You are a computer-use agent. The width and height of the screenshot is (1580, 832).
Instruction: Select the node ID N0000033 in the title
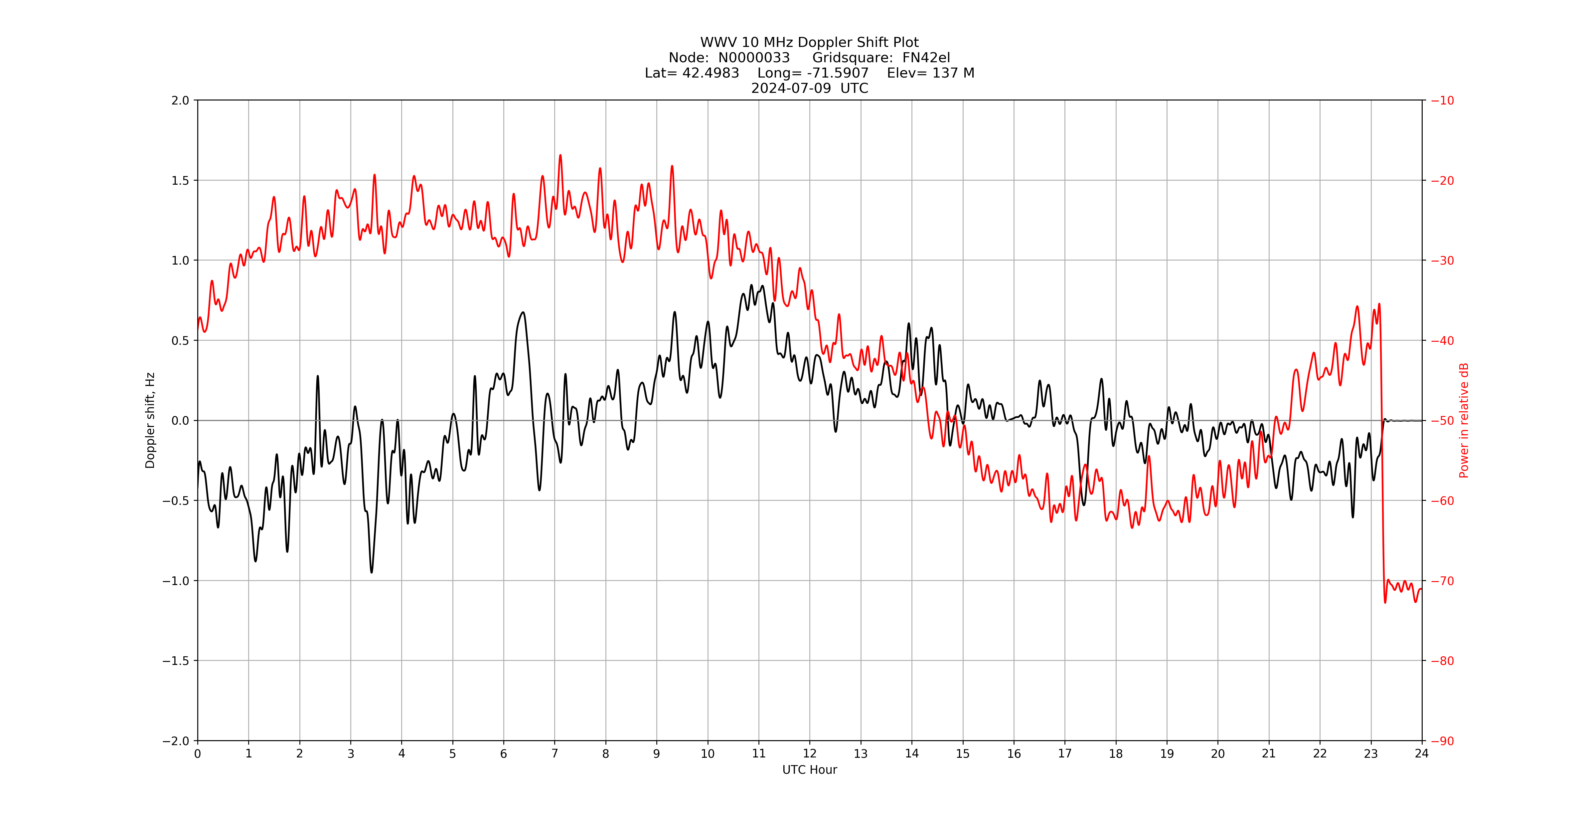[754, 58]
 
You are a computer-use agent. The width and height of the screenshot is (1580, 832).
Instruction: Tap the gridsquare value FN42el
[926, 58]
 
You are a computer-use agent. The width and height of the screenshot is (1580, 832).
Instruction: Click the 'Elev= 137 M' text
[930, 73]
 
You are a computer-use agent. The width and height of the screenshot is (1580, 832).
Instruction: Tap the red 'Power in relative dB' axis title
[1464, 420]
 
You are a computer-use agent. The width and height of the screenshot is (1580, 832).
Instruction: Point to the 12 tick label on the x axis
[810, 753]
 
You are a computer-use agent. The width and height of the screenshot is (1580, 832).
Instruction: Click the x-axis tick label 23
[1371, 753]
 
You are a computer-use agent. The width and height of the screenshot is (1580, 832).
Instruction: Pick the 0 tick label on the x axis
[198, 753]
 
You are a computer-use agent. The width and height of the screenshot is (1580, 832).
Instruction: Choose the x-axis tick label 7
[554, 753]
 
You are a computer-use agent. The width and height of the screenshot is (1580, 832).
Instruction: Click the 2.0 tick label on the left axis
[180, 101]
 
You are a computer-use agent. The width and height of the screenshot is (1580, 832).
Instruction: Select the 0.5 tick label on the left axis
[180, 340]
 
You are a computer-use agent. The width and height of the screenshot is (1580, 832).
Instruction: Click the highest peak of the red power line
[560, 155]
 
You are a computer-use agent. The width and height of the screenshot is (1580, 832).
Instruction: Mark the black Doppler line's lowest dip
[371, 572]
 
